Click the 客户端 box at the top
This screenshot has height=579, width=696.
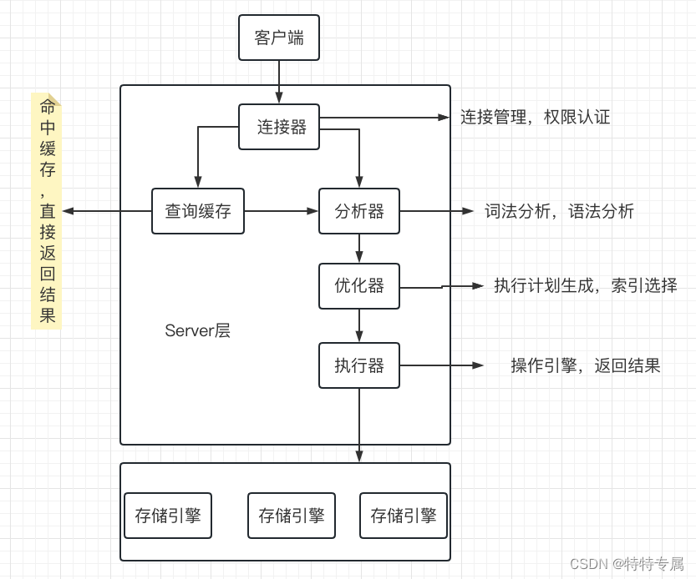pyautogui.click(x=279, y=38)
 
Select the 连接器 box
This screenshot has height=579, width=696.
pyautogui.click(x=279, y=127)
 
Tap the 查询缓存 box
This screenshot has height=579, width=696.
pyautogui.click(x=198, y=211)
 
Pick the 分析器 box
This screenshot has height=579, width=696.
pyautogui.click(x=359, y=211)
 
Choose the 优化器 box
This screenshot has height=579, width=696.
pyautogui.click(x=359, y=286)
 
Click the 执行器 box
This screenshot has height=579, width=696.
pyautogui.click(x=359, y=365)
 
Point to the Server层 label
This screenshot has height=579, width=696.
pyautogui.click(x=197, y=330)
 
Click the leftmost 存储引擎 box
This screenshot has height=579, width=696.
pyautogui.click(x=168, y=516)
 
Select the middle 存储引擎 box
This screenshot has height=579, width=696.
pyautogui.click(x=292, y=516)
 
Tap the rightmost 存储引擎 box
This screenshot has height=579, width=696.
pyautogui.click(x=404, y=516)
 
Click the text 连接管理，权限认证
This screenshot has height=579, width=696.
pyautogui.click(x=536, y=117)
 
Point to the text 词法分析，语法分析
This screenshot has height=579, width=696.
pyautogui.click(x=559, y=211)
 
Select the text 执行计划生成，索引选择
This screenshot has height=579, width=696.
pyautogui.click(x=585, y=285)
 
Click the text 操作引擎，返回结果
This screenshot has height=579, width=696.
pyautogui.click(x=585, y=365)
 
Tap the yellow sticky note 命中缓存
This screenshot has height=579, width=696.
pyautogui.click(x=47, y=210)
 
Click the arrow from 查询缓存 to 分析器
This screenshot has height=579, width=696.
pyautogui.click(x=282, y=211)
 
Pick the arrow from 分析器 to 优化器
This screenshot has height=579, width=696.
pyautogui.click(x=359, y=249)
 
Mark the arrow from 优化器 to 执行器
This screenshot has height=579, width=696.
pyautogui.click(x=359, y=325)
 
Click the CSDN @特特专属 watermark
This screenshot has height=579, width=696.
pyautogui.click(x=626, y=564)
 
